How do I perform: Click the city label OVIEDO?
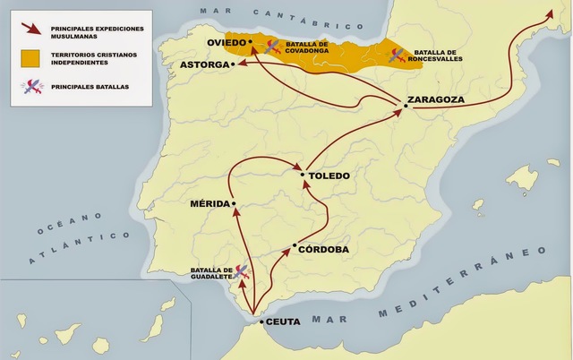click(x=227, y=43)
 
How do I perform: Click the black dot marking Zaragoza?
click(x=406, y=107)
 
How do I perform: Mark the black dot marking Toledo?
click(x=304, y=175)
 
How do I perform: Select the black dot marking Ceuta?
click(x=261, y=321)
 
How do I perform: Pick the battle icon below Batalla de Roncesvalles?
click(x=395, y=57)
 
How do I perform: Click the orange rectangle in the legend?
click(x=33, y=57)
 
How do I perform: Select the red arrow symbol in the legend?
click(x=33, y=30)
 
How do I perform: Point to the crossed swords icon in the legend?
click(x=33, y=87)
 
